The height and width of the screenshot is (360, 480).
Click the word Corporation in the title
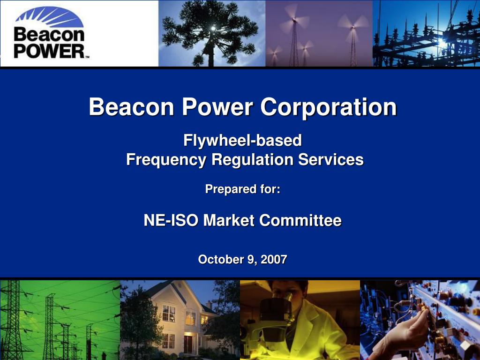point(329,107)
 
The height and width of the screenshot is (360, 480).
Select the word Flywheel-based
point(242,140)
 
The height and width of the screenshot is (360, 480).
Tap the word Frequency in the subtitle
point(166,160)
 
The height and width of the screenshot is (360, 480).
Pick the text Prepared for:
point(242,189)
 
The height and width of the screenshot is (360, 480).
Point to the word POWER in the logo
point(49,51)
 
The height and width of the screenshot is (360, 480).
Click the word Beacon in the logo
point(49,35)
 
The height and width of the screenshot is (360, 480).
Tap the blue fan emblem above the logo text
point(49,17)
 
